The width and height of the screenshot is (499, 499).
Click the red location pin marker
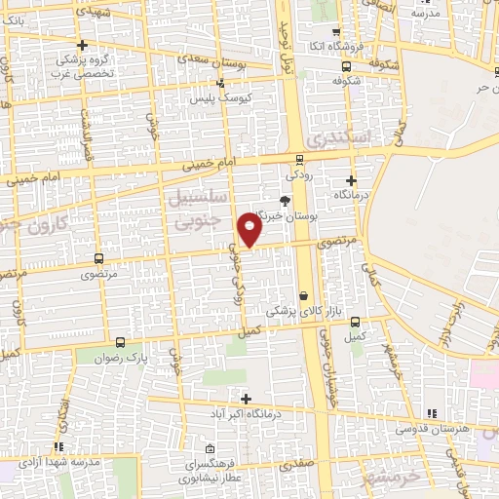click(249, 230)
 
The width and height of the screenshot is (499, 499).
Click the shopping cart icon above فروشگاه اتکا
click(336, 31)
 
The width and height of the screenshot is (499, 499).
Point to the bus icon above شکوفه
click(347, 66)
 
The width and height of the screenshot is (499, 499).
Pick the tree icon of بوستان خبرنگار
click(285, 200)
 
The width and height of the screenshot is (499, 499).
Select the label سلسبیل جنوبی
click(200, 209)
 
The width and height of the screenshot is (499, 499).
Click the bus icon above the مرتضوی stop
click(98, 259)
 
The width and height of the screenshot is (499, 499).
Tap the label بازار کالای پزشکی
click(293, 311)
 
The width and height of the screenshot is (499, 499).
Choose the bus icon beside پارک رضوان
click(121, 342)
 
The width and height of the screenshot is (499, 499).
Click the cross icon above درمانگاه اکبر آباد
click(246, 399)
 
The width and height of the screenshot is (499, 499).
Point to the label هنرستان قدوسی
click(434, 428)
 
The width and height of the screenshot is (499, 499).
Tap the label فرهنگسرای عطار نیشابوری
click(214, 473)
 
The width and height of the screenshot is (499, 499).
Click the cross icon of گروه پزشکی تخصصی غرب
click(83, 45)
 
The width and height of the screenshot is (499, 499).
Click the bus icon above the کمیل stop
click(354, 322)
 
